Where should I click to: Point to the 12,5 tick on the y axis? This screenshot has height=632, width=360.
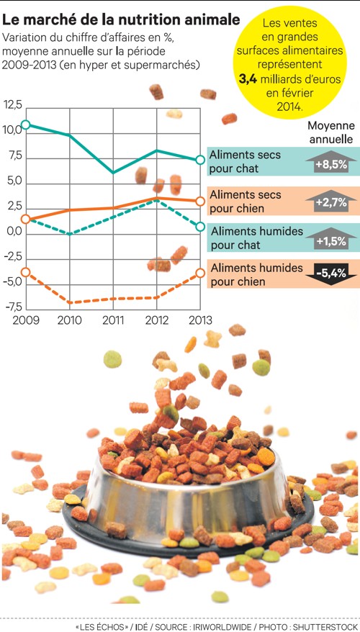pyautogui.click(x=13, y=105)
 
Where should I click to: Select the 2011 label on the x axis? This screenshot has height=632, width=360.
pyautogui.click(x=112, y=320)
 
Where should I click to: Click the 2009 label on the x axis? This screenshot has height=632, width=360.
pyautogui.click(x=26, y=320)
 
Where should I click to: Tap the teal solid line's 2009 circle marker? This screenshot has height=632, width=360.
pyautogui.click(x=26, y=125)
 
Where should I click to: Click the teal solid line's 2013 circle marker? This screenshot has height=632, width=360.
pyautogui.click(x=200, y=160)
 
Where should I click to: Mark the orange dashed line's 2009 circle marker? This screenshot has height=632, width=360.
pyautogui.click(x=26, y=271)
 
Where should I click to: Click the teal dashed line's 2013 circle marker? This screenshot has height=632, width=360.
pyautogui.click(x=200, y=227)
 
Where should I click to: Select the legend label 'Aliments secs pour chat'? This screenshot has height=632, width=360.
pyautogui.click(x=245, y=162)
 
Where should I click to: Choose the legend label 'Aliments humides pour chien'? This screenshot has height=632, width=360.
pyautogui.click(x=247, y=274)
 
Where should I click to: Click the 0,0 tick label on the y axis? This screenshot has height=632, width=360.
pyautogui.click(x=13, y=232)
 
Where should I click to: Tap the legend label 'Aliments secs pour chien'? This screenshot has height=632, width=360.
pyautogui.click(x=246, y=202)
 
